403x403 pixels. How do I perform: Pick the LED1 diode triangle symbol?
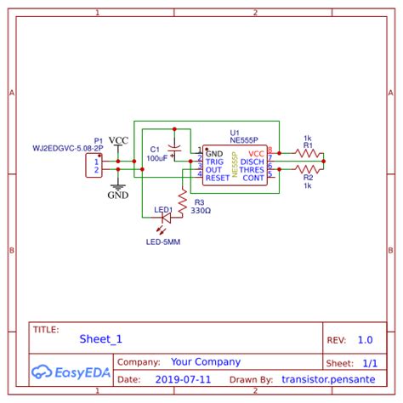coord(166,219)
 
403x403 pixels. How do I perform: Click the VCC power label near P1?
coord(119,140)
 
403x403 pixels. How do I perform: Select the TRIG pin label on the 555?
coord(214,162)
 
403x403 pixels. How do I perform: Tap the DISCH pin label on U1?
coord(253,162)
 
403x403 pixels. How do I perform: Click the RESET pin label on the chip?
coord(218,178)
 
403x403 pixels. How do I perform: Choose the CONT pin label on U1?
coord(254,178)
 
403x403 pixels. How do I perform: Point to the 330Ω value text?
coord(201,210)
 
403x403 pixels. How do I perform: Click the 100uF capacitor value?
coord(156,158)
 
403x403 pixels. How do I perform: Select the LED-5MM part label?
coord(163,242)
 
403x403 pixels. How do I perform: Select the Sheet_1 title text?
coord(101,339)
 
